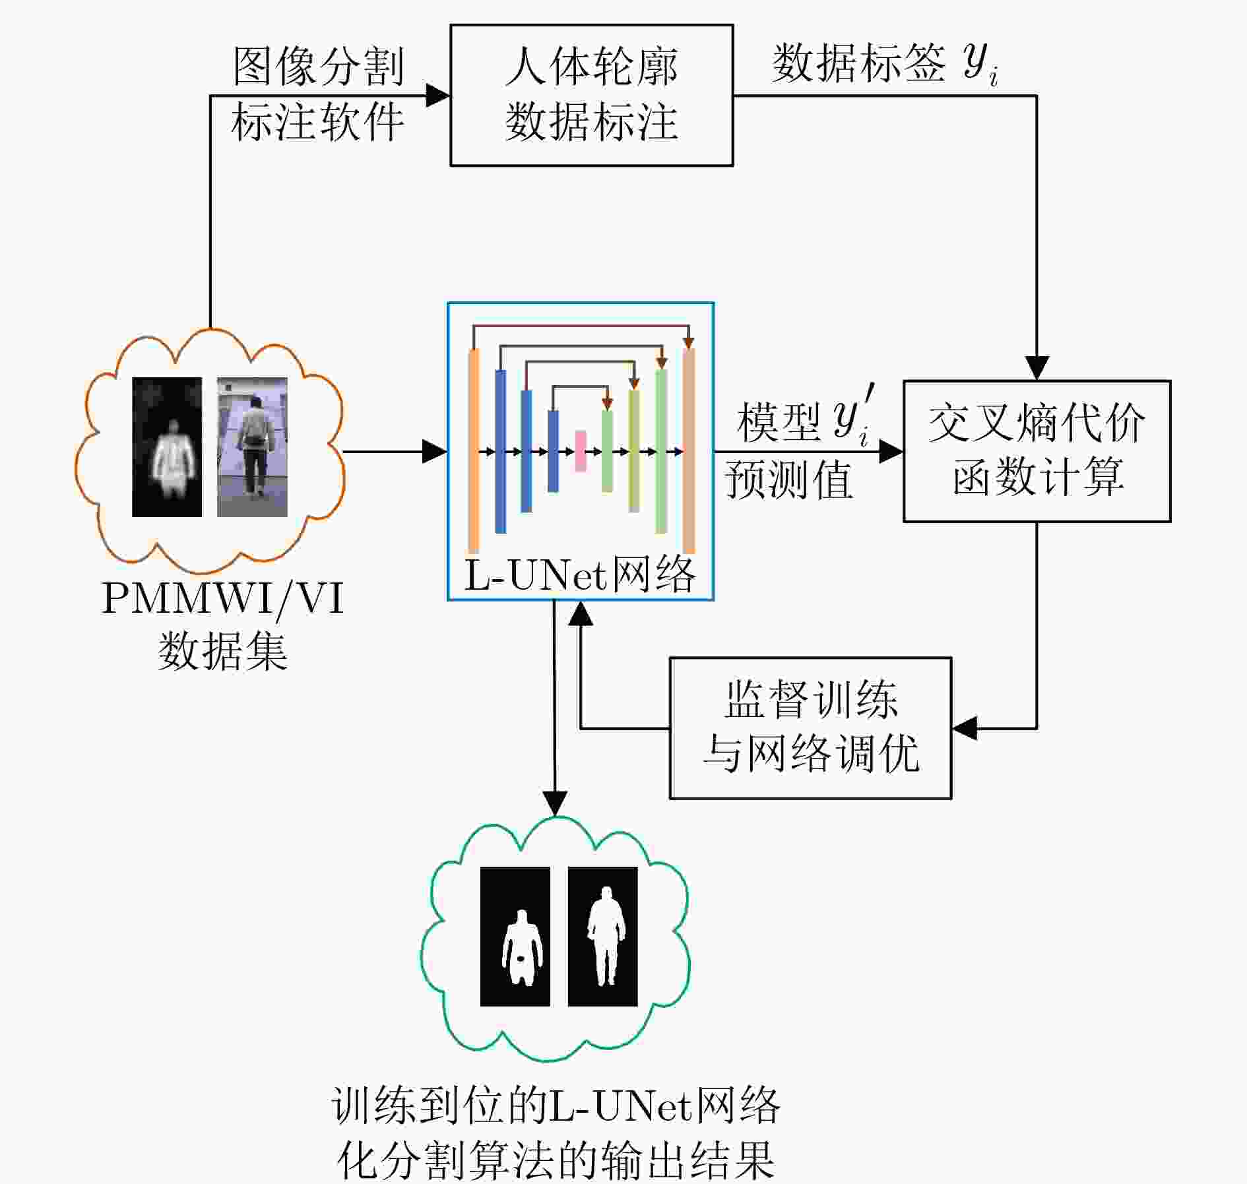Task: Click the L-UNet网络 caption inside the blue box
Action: tap(580, 575)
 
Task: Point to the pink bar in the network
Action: tap(581, 451)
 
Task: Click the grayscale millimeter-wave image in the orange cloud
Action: tap(167, 447)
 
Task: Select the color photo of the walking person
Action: tap(253, 447)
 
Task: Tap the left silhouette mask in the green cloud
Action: tap(515, 936)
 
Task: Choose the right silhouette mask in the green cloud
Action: tap(603, 936)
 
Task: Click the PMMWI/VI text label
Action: tap(223, 599)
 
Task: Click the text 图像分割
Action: tap(318, 67)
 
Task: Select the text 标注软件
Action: tap(318, 122)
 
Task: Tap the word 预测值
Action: tap(789, 480)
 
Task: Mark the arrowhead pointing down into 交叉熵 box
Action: tap(1037, 368)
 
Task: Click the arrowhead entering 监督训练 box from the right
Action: tap(964, 728)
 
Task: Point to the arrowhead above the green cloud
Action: tap(555, 804)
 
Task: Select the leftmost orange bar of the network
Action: tap(473, 451)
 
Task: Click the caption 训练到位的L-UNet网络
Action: tap(556, 1105)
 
